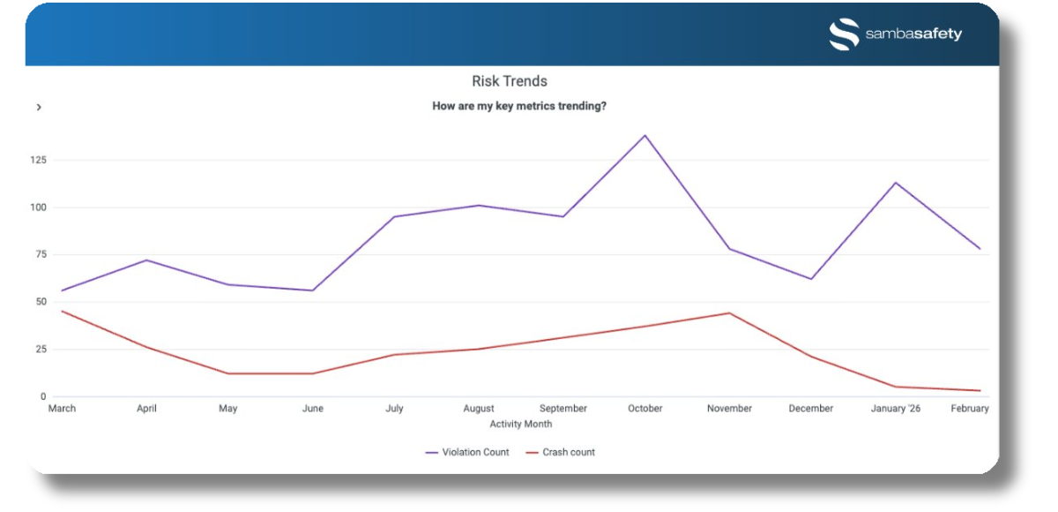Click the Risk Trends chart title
coord(510,81)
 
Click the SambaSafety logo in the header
coord(896,34)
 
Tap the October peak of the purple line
coord(645,135)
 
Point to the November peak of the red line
coord(729,313)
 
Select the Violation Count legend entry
coord(467,452)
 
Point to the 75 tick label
coord(40,254)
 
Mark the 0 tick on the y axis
coord(42,396)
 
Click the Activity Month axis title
coord(520,424)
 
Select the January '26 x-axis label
coord(895,409)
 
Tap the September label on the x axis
coord(563,409)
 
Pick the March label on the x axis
coord(62,409)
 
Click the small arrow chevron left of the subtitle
coord(39,107)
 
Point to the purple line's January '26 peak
coord(896,183)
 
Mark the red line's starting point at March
coord(62,312)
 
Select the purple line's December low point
coord(811,279)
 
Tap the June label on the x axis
coord(312,409)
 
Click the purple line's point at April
coord(145,260)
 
